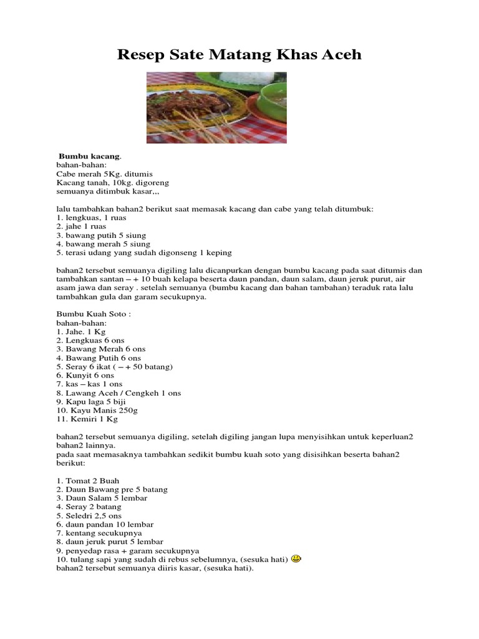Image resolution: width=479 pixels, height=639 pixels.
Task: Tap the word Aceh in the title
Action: pos(340,55)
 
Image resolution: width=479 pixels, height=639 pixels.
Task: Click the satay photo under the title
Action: pos(216,107)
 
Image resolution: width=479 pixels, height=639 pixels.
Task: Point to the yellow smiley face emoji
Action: pos(296,559)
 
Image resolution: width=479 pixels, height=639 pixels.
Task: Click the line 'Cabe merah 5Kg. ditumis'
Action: pos(104,173)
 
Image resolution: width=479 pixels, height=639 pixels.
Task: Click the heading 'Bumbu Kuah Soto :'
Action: pos(94,315)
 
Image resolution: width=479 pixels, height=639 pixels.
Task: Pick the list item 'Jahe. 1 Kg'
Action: pos(81,332)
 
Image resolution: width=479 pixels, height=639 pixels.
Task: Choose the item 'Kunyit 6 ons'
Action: pos(85,376)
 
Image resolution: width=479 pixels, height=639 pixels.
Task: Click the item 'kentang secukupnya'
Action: pos(99,534)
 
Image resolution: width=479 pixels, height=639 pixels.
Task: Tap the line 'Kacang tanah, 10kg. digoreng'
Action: pos(112,182)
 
